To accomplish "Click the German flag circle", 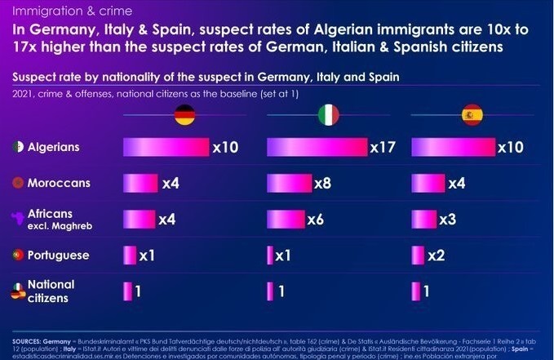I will tap(185, 115).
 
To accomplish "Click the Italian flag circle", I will tap(328, 115).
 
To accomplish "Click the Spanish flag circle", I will tap(472, 115).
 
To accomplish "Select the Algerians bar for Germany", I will tap(166, 148).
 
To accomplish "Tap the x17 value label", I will tap(382, 148).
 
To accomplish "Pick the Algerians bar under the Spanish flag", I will tap(454, 148).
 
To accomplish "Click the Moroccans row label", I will tap(59, 184).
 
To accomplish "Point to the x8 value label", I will tap(322, 184).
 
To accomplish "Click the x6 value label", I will tap(315, 220).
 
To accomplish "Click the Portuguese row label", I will tap(58, 256).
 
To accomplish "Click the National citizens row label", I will tap(51, 291).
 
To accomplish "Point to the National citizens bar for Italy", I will tap(270, 291).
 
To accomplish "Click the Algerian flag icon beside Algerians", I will tap(17, 149).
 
